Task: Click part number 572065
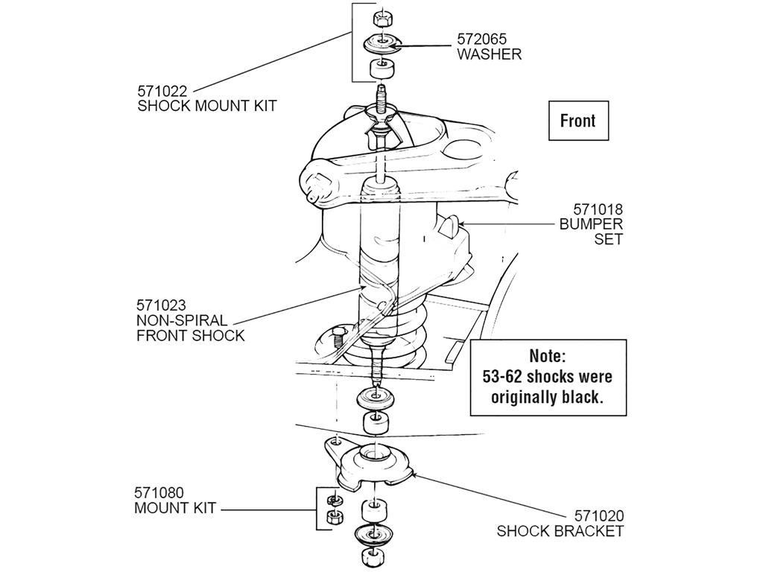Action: [482, 39]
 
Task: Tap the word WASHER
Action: [489, 54]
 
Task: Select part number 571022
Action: [162, 91]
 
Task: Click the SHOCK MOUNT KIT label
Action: [207, 106]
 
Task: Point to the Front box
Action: [578, 121]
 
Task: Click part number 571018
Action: [598, 209]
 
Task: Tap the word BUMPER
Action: [591, 224]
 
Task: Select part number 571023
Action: [161, 305]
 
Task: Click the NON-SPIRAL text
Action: [182, 320]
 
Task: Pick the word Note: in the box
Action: [548, 356]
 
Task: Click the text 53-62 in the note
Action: [503, 376]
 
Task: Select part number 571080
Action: [159, 493]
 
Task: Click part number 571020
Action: [599, 515]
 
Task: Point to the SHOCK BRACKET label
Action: [560, 530]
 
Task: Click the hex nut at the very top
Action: [382, 19]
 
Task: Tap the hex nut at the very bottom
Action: [373, 557]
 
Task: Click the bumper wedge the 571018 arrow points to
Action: [449, 226]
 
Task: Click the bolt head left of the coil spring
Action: [336, 337]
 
